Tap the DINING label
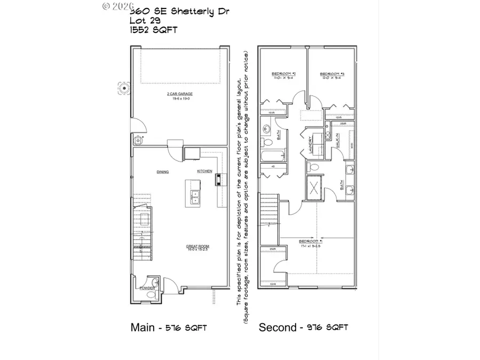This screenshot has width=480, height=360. coord(163,172)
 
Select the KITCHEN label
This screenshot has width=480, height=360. coord(204,171)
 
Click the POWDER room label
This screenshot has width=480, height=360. coord(147,288)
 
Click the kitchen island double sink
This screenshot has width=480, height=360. coord(195,197)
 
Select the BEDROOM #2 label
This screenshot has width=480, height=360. coord(280,74)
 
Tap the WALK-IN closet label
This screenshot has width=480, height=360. coord(338,141)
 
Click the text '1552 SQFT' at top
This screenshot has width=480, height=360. coord(154,30)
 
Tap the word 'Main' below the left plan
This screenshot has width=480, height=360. coord(142,327)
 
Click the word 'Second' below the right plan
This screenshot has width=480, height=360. coord(277,327)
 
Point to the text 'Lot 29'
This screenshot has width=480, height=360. coord(145,20)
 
